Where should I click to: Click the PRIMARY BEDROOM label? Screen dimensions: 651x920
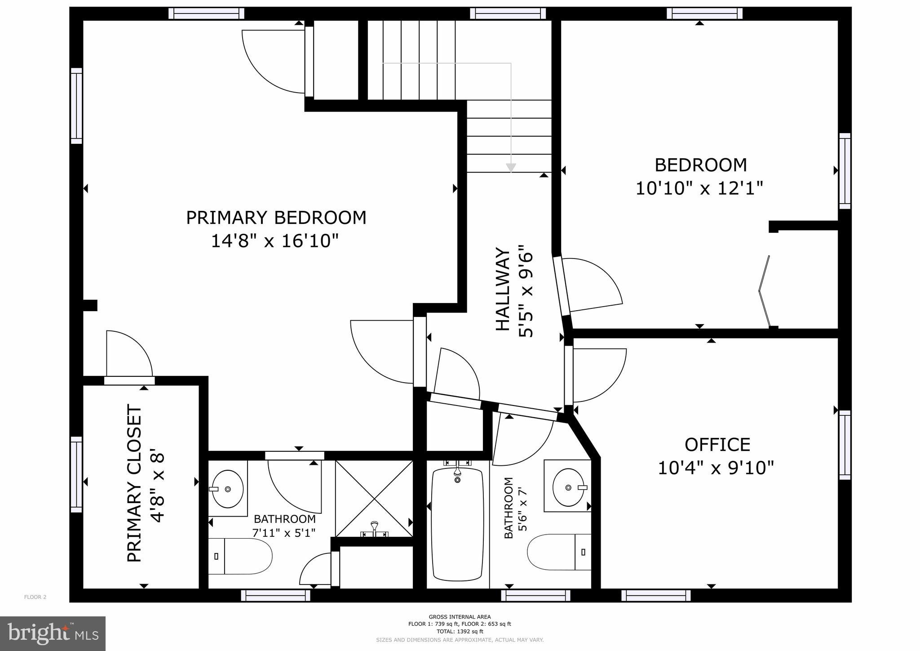276,218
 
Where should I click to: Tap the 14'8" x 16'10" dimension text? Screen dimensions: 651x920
274,241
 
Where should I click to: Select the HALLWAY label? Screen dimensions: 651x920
503,290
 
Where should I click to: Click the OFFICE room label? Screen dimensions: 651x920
717,445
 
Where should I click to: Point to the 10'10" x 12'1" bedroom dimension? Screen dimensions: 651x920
699,188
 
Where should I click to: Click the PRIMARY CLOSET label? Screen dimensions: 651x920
134,483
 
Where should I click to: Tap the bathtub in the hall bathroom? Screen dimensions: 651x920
457,524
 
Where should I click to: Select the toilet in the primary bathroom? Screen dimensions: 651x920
240,556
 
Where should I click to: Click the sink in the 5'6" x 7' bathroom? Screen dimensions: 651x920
569,487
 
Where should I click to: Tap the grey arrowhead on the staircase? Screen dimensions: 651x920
511,167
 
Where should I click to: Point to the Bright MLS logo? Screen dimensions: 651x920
53,633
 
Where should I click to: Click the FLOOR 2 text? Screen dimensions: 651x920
35,597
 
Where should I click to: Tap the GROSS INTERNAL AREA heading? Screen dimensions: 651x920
460,617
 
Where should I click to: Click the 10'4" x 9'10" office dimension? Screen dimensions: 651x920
716,468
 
